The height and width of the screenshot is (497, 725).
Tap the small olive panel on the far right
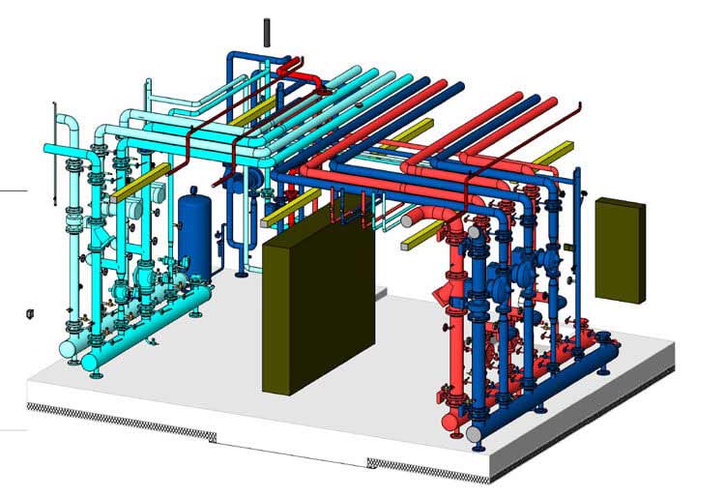(620, 249)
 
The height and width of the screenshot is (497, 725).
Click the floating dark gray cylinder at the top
(268, 30)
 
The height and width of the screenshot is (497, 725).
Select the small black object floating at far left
(30, 313)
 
